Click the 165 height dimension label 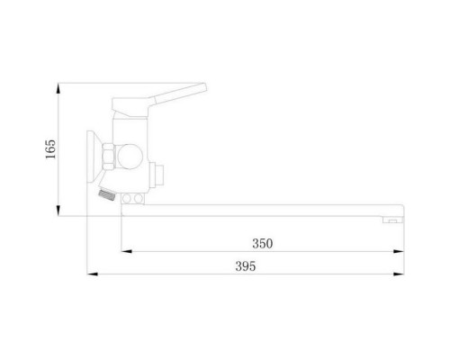pos(50,149)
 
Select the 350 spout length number pos(263,243)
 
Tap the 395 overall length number pos(246,266)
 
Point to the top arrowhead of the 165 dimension pos(58,89)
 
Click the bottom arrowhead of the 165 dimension pos(58,211)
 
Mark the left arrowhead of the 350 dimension pos(127,251)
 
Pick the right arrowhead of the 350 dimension pos(399,251)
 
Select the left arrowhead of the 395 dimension pos(93,274)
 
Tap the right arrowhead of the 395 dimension pos(399,274)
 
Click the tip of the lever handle pos(205,87)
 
